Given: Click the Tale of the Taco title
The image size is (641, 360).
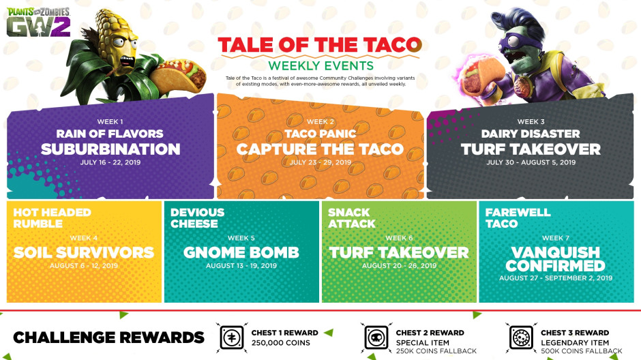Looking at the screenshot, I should click(319, 45).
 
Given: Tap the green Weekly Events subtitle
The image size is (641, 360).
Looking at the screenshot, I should click(320, 65).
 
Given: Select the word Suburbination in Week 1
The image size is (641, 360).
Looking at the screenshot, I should click(110, 149).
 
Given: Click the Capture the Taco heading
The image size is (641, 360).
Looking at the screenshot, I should click(320, 149).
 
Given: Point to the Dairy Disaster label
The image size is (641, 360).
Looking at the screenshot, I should click(531, 134).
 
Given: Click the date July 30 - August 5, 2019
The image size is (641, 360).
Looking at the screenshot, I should click(531, 162).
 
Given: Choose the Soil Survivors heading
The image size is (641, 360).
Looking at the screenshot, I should click(84, 252).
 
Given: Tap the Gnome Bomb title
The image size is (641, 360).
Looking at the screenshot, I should click(241, 252).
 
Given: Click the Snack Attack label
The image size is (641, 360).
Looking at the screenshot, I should click(352, 217).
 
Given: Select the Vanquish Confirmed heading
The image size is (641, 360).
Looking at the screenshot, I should click(556, 258).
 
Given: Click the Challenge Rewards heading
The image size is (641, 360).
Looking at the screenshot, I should click(108, 337).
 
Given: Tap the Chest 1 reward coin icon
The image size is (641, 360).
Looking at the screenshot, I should click(231, 337).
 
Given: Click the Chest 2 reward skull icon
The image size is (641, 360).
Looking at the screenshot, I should click(376, 337).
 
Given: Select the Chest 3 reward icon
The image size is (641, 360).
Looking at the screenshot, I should click(522, 337).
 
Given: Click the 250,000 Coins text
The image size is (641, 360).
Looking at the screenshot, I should click(276, 343).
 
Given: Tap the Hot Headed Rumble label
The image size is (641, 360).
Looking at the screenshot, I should click(52, 217).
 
